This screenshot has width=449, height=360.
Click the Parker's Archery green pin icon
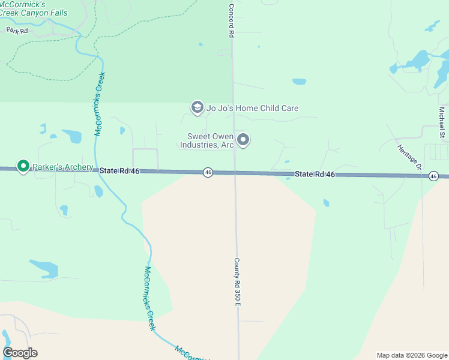pyautogui.click(x=23, y=166)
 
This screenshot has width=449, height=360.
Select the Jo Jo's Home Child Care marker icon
pyautogui.click(x=197, y=108)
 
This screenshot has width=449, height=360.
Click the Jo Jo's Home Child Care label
pyautogui.click(x=252, y=109)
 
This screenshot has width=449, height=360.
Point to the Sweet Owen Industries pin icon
pyautogui.click(x=243, y=140)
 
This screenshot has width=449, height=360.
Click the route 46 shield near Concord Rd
pyautogui.click(x=208, y=172)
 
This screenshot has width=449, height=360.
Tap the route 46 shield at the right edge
pyautogui.click(x=433, y=176)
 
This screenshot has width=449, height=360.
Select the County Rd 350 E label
pyautogui.click(x=237, y=282)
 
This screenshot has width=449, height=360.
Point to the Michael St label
pyautogui.click(x=442, y=122)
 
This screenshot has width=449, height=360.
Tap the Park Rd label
pyautogui.click(x=17, y=30)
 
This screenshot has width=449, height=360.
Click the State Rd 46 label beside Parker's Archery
pyautogui.click(x=119, y=171)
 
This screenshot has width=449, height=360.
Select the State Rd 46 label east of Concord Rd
pyautogui.click(x=314, y=174)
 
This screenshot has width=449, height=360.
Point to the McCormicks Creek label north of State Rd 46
pyautogui.click(x=100, y=103)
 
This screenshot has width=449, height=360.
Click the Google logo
pyautogui.click(x=20, y=353)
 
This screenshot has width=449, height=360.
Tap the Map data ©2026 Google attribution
pyautogui.click(x=411, y=355)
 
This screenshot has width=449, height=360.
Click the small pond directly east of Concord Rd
pyautogui.click(x=299, y=82)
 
